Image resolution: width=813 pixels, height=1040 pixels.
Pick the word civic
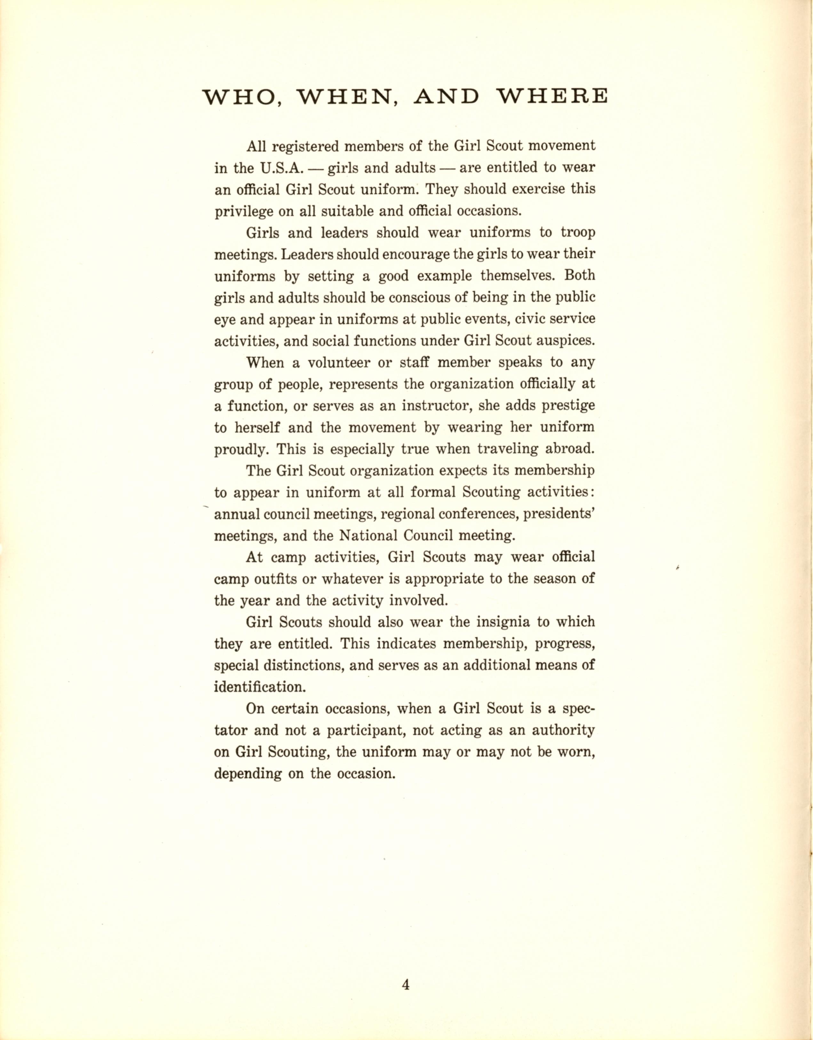click(x=527, y=319)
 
